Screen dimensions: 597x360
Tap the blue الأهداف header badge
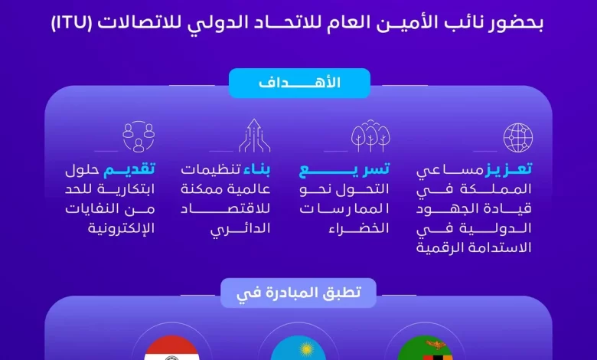(x=299, y=83)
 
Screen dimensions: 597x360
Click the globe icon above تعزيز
(x=518, y=138)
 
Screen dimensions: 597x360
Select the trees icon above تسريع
(x=370, y=136)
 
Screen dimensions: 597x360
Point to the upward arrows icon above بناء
(x=254, y=136)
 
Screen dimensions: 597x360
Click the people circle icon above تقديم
(x=139, y=136)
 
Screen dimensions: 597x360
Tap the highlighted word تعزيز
(x=508, y=169)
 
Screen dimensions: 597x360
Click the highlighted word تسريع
(x=344, y=169)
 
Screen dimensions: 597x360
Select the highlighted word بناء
(x=256, y=169)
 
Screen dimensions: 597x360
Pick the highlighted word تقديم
(x=129, y=169)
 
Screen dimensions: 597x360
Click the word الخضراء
(x=359, y=228)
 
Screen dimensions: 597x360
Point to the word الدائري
(x=240, y=229)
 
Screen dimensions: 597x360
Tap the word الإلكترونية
(x=122, y=228)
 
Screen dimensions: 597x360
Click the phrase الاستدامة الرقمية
(x=474, y=248)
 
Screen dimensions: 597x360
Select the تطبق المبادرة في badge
(x=298, y=293)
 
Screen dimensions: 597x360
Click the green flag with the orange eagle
(x=425, y=349)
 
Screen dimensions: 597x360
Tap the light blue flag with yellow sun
(x=298, y=349)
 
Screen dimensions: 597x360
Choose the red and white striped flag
(x=171, y=349)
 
